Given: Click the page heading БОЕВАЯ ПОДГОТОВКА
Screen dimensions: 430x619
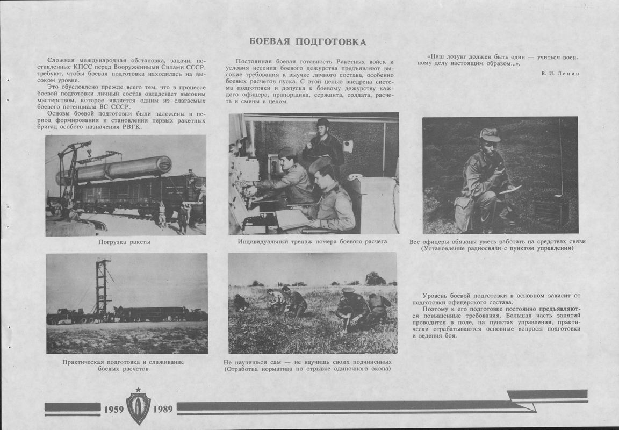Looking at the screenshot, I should point(308,42).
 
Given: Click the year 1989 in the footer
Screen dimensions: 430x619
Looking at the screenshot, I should point(162,409).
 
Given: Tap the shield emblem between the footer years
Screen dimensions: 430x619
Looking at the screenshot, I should point(138,408).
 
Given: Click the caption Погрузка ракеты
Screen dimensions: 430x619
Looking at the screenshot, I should point(124,242).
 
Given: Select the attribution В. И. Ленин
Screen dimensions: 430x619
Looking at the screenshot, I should point(560,73).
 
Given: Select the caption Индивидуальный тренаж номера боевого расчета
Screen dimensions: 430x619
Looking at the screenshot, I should point(312,241).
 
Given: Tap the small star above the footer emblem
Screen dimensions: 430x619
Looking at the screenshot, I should point(138,389).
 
